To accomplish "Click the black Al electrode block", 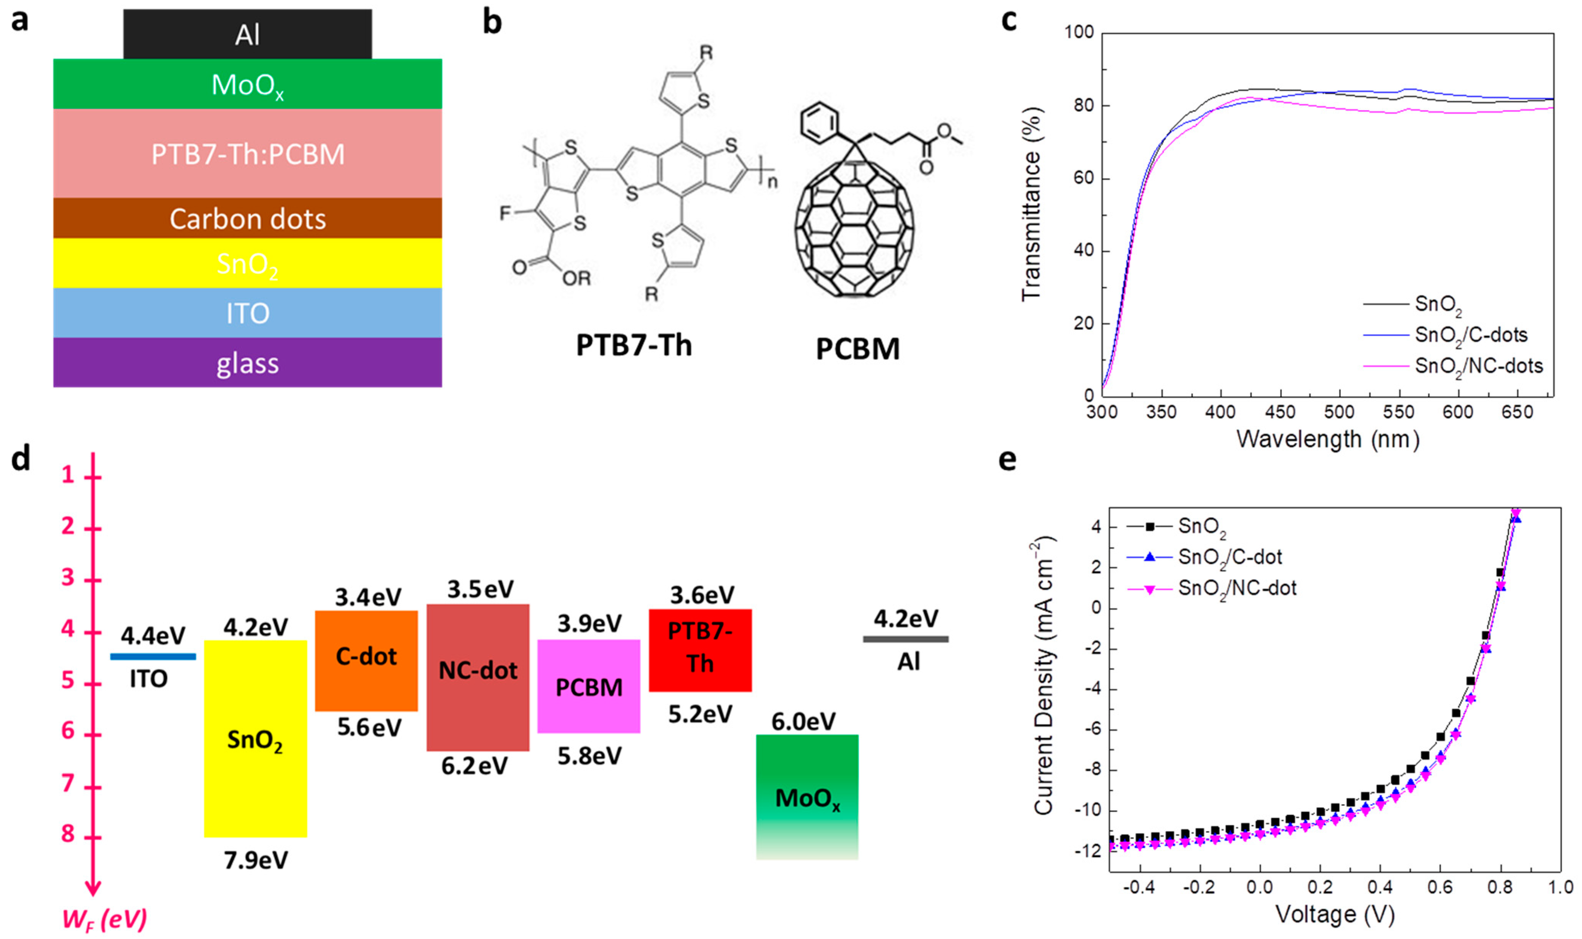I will pos(247,34).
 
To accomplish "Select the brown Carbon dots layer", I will pos(247,218).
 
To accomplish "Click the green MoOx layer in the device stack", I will pos(247,84).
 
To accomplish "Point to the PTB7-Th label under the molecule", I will pos(634,346).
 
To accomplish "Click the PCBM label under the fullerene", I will pos(857,349).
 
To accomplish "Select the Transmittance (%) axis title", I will pos(1031,204).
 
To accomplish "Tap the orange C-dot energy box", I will pos(366,660).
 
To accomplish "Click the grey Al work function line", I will pos(905,639).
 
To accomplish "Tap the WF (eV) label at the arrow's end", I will pos(105,919).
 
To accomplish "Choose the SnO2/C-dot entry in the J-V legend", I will pos(1229,557).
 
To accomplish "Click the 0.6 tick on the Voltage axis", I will pos(1440,887).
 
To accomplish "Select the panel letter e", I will pos(1007,460).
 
